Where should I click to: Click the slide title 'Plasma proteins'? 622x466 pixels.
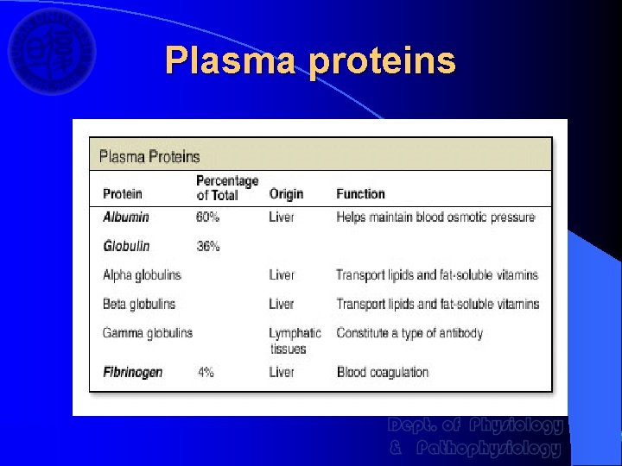pyautogui.click(x=310, y=60)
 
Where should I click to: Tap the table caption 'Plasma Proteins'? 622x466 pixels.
pyautogui.click(x=149, y=156)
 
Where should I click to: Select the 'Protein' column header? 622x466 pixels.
pyautogui.click(x=123, y=194)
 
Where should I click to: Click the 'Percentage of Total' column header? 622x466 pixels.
pyautogui.click(x=227, y=187)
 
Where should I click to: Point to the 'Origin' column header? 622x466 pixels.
pyautogui.click(x=286, y=194)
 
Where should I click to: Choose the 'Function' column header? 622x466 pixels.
pyautogui.click(x=360, y=194)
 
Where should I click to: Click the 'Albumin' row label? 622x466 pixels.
pyautogui.click(x=126, y=217)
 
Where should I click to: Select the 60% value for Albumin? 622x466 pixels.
pyautogui.click(x=208, y=217)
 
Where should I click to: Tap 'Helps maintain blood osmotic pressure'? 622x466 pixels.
pyautogui.click(x=435, y=217)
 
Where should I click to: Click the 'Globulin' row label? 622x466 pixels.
pyautogui.click(x=126, y=246)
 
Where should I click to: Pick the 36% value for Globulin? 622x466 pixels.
pyautogui.click(x=208, y=246)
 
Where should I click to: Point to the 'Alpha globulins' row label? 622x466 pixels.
pyautogui.click(x=142, y=275)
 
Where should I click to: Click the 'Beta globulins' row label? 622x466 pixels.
pyautogui.click(x=138, y=304)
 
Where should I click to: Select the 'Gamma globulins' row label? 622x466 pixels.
pyautogui.click(x=148, y=333)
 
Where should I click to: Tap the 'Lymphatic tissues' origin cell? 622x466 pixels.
pyautogui.click(x=294, y=341)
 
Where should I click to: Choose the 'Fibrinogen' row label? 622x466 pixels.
pyautogui.click(x=132, y=373)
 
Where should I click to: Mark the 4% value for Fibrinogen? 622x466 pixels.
pyautogui.click(x=206, y=373)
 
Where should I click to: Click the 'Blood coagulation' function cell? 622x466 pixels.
pyautogui.click(x=383, y=373)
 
